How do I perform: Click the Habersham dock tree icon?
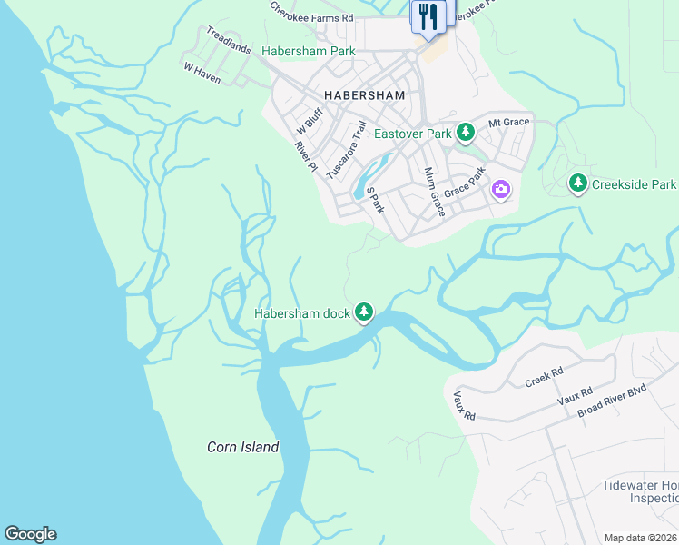click(364, 312)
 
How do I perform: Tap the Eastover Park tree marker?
click(466, 134)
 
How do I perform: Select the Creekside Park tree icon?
click(577, 183)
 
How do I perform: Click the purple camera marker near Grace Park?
click(500, 190)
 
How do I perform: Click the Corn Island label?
click(242, 447)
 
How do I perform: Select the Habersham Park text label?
click(309, 52)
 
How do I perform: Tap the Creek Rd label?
click(545, 377)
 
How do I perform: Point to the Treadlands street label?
click(228, 40)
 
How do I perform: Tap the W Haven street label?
click(202, 74)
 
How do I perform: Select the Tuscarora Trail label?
click(346, 149)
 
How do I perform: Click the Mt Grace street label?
click(508, 122)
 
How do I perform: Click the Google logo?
click(30, 534)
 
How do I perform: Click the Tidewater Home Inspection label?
click(640, 491)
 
